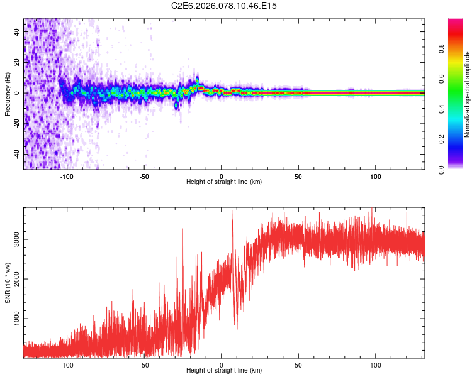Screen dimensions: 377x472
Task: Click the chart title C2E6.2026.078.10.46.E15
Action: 224,6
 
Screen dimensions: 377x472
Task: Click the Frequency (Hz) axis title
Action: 8,94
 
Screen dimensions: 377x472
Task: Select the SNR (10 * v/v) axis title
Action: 8,283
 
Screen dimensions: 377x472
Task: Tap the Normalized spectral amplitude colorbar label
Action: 467,94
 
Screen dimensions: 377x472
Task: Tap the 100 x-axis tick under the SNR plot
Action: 376,364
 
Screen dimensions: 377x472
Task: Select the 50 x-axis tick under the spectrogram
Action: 298,175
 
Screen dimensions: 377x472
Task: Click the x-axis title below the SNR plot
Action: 224,371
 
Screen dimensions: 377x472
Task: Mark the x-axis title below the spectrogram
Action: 224,182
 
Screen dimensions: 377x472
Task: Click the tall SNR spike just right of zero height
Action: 233,211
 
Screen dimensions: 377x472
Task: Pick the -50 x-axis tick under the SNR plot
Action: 144,364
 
